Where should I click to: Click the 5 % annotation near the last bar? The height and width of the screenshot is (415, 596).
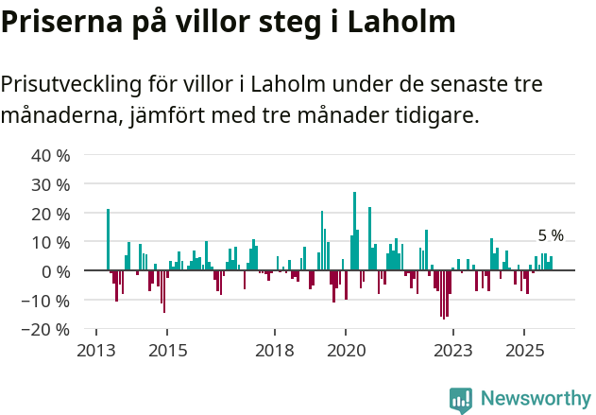pos(551,235)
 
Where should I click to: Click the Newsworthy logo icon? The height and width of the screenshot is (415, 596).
pos(461,400)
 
